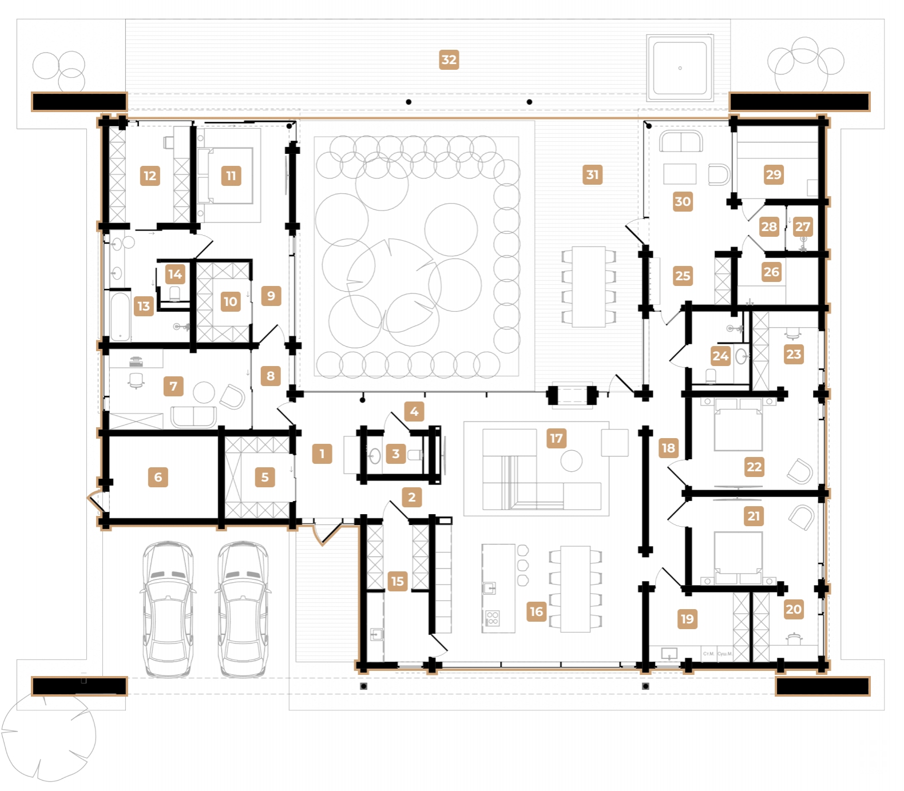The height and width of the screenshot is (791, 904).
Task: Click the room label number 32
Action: click(449, 59)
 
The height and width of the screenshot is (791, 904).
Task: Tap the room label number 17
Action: click(556, 438)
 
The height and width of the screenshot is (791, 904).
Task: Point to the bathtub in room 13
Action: click(120, 316)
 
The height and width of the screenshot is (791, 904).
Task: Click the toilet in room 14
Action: click(175, 293)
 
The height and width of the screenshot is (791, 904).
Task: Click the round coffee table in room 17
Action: click(571, 460)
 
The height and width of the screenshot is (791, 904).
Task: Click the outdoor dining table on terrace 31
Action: click(589, 286)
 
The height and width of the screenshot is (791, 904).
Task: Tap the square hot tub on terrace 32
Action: click(680, 67)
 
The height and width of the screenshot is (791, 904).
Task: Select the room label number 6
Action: click(158, 477)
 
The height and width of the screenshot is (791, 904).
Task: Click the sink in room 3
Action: click(375, 456)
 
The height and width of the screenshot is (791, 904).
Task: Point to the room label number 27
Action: click(802, 226)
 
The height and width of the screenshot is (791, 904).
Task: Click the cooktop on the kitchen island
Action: click(493, 618)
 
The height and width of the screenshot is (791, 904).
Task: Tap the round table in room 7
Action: click(204, 392)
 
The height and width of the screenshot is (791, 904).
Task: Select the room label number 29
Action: click(773, 174)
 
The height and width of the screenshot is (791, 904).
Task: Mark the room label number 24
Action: click(720, 356)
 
